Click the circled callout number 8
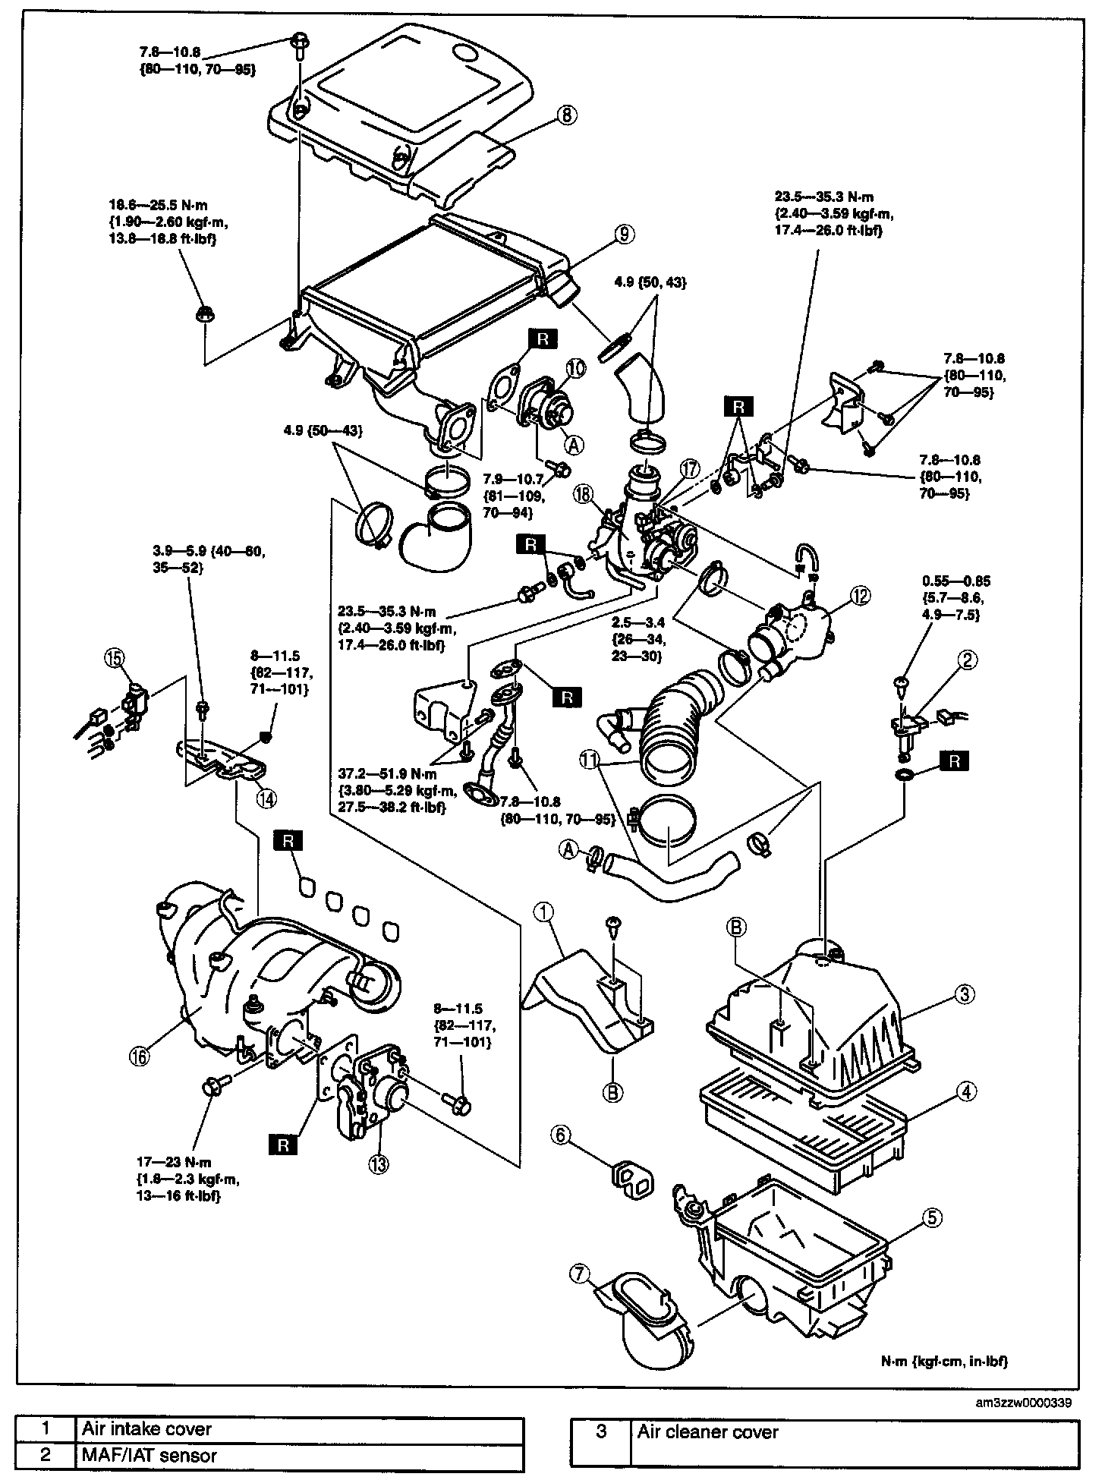coord(567,115)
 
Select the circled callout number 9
coord(622,235)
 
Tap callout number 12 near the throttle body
coord(861,597)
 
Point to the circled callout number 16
coord(140,1055)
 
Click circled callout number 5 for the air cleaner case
coord(932,1217)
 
